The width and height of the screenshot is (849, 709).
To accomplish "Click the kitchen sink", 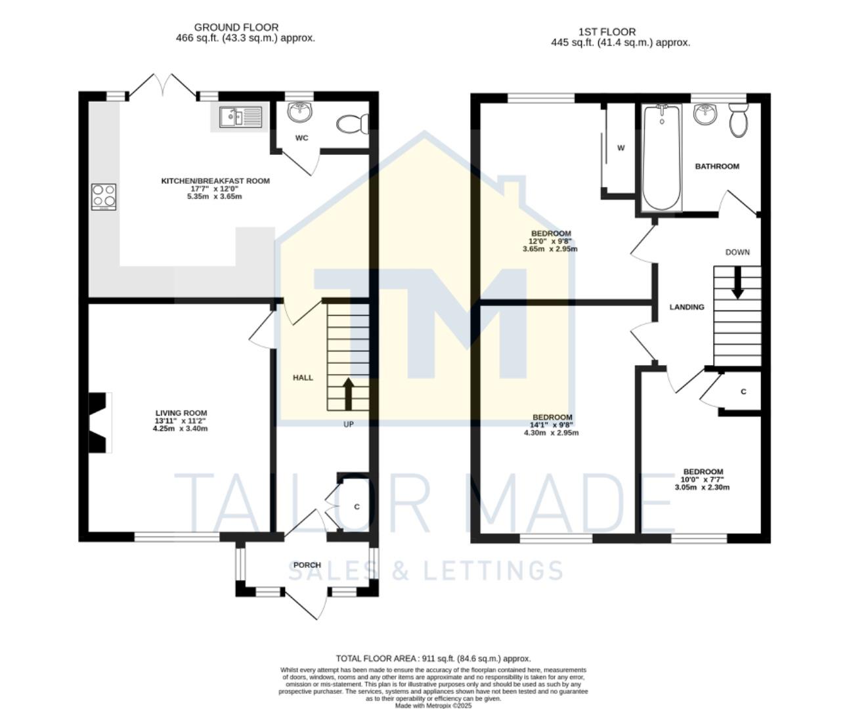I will pos(240,117).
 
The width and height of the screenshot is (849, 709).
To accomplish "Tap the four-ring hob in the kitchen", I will pos(104,196).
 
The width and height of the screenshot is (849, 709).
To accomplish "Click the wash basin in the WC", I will pos(301,111).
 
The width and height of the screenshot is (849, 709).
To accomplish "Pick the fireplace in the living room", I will pos(99,422).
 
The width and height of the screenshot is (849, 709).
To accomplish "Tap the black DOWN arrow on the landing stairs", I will pos(737,282).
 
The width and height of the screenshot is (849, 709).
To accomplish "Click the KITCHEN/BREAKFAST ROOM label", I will pos(215,181).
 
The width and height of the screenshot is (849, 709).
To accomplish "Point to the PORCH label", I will pos(307,565).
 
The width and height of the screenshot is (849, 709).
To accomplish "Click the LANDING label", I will pos(686,307).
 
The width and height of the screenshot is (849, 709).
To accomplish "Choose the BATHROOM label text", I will pos(717,167).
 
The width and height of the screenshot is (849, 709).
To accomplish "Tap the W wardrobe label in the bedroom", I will pos(620,148).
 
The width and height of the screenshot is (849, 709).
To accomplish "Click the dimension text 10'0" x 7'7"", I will pos(703,479).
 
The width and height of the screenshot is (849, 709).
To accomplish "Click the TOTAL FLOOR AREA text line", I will pos(433,658).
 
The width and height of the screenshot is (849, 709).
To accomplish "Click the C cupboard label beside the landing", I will pos(743,392).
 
